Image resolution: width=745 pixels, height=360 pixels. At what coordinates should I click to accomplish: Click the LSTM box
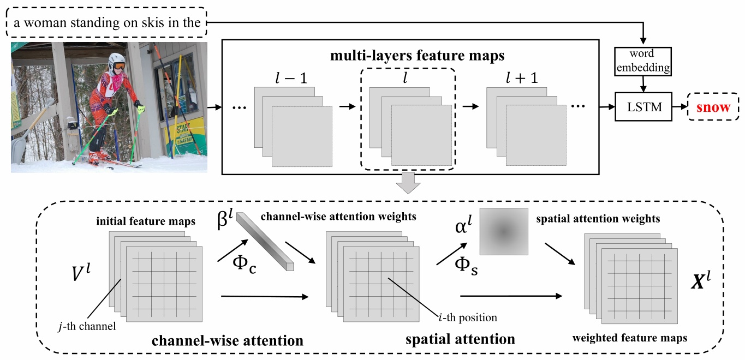[x=643, y=107]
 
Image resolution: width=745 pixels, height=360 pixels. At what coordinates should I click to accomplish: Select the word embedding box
[x=643, y=62]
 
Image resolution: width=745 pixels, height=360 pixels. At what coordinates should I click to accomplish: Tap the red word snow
[x=713, y=107]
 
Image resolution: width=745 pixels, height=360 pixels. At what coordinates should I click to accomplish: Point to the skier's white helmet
[x=116, y=61]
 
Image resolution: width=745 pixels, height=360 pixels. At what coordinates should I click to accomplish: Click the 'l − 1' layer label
[x=292, y=77]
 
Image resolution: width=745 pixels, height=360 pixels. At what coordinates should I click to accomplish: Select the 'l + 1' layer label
[x=521, y=77]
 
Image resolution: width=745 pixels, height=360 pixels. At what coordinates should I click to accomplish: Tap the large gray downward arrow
[x=408, y=184]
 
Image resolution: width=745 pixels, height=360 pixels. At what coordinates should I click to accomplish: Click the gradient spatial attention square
[x=504, y=231]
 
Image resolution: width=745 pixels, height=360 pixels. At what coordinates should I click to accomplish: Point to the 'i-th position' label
[x=468, y=316]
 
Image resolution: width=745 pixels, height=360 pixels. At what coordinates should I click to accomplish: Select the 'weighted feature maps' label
[x=629, y=338]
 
